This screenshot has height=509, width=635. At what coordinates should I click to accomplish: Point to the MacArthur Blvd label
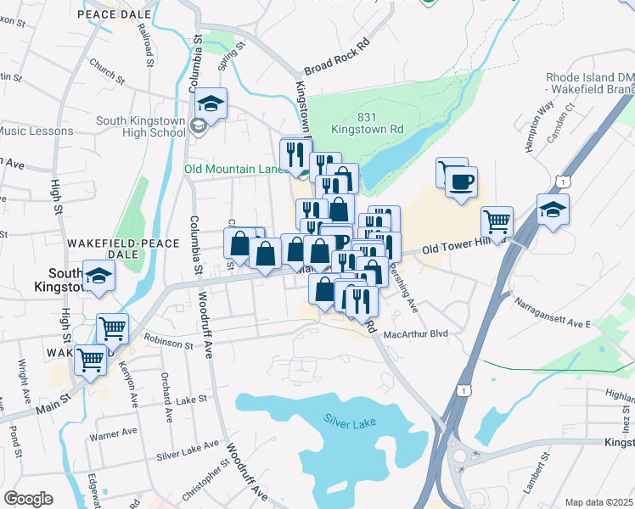[x=415, y=334]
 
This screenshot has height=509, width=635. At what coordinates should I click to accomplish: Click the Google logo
[x=28, y=499]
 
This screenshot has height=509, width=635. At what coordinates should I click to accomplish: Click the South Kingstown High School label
[x=140, y=126]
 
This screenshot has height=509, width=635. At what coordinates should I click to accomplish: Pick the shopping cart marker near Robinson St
[x=112, y=327]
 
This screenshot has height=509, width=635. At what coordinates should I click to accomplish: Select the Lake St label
[x=192, y=398]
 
